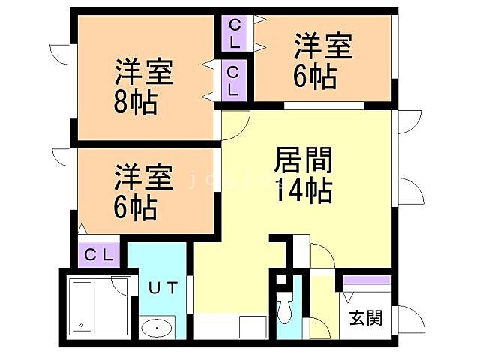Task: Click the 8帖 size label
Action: (136, 103)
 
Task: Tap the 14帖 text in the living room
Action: (303, 192)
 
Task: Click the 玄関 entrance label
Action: (365, 317)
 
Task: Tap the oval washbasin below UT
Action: (156, 328)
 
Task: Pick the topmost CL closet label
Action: (235, 33)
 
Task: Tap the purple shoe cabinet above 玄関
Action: (367, 280)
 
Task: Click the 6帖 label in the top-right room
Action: (314, 76)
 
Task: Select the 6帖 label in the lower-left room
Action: (135, 208)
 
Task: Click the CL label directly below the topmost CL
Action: (234, 81)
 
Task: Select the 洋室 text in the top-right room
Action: (322, 46)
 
